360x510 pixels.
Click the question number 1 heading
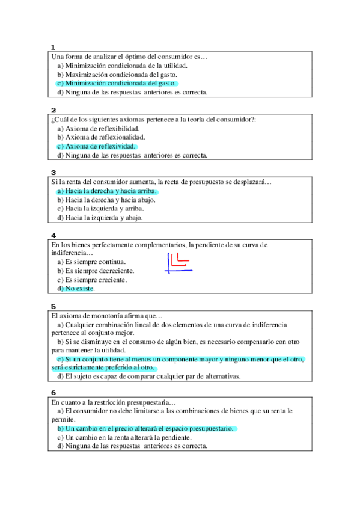click(x=53, y=47)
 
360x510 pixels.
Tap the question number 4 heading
click(x=53, y=235)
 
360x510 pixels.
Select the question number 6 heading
click(x=53, y=392)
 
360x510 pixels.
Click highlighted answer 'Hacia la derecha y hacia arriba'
click(x=111, y=191)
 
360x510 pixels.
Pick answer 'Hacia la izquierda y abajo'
click(x=104, y=218)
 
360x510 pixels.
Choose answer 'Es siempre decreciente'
click(x=100, y=271)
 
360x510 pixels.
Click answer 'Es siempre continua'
click(x=96, y=262)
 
